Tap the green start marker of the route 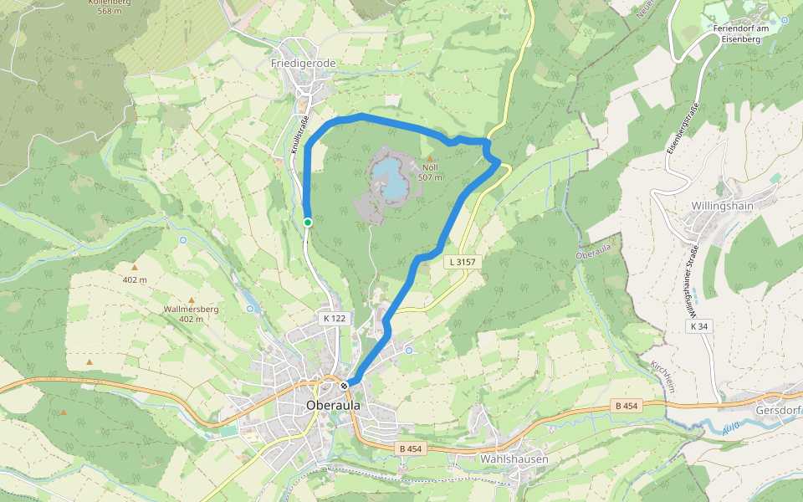[x=308, y=222]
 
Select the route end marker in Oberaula [x=345, y=385]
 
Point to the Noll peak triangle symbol [x=431, y=158]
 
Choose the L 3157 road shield [x=462, y=262]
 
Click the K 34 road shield [x=699, y=325]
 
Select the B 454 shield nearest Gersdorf [x=627, y=406]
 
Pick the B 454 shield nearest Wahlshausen [x=411, y=449]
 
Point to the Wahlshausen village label [x=514, y=459]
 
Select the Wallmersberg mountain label [x=192, y=310]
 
